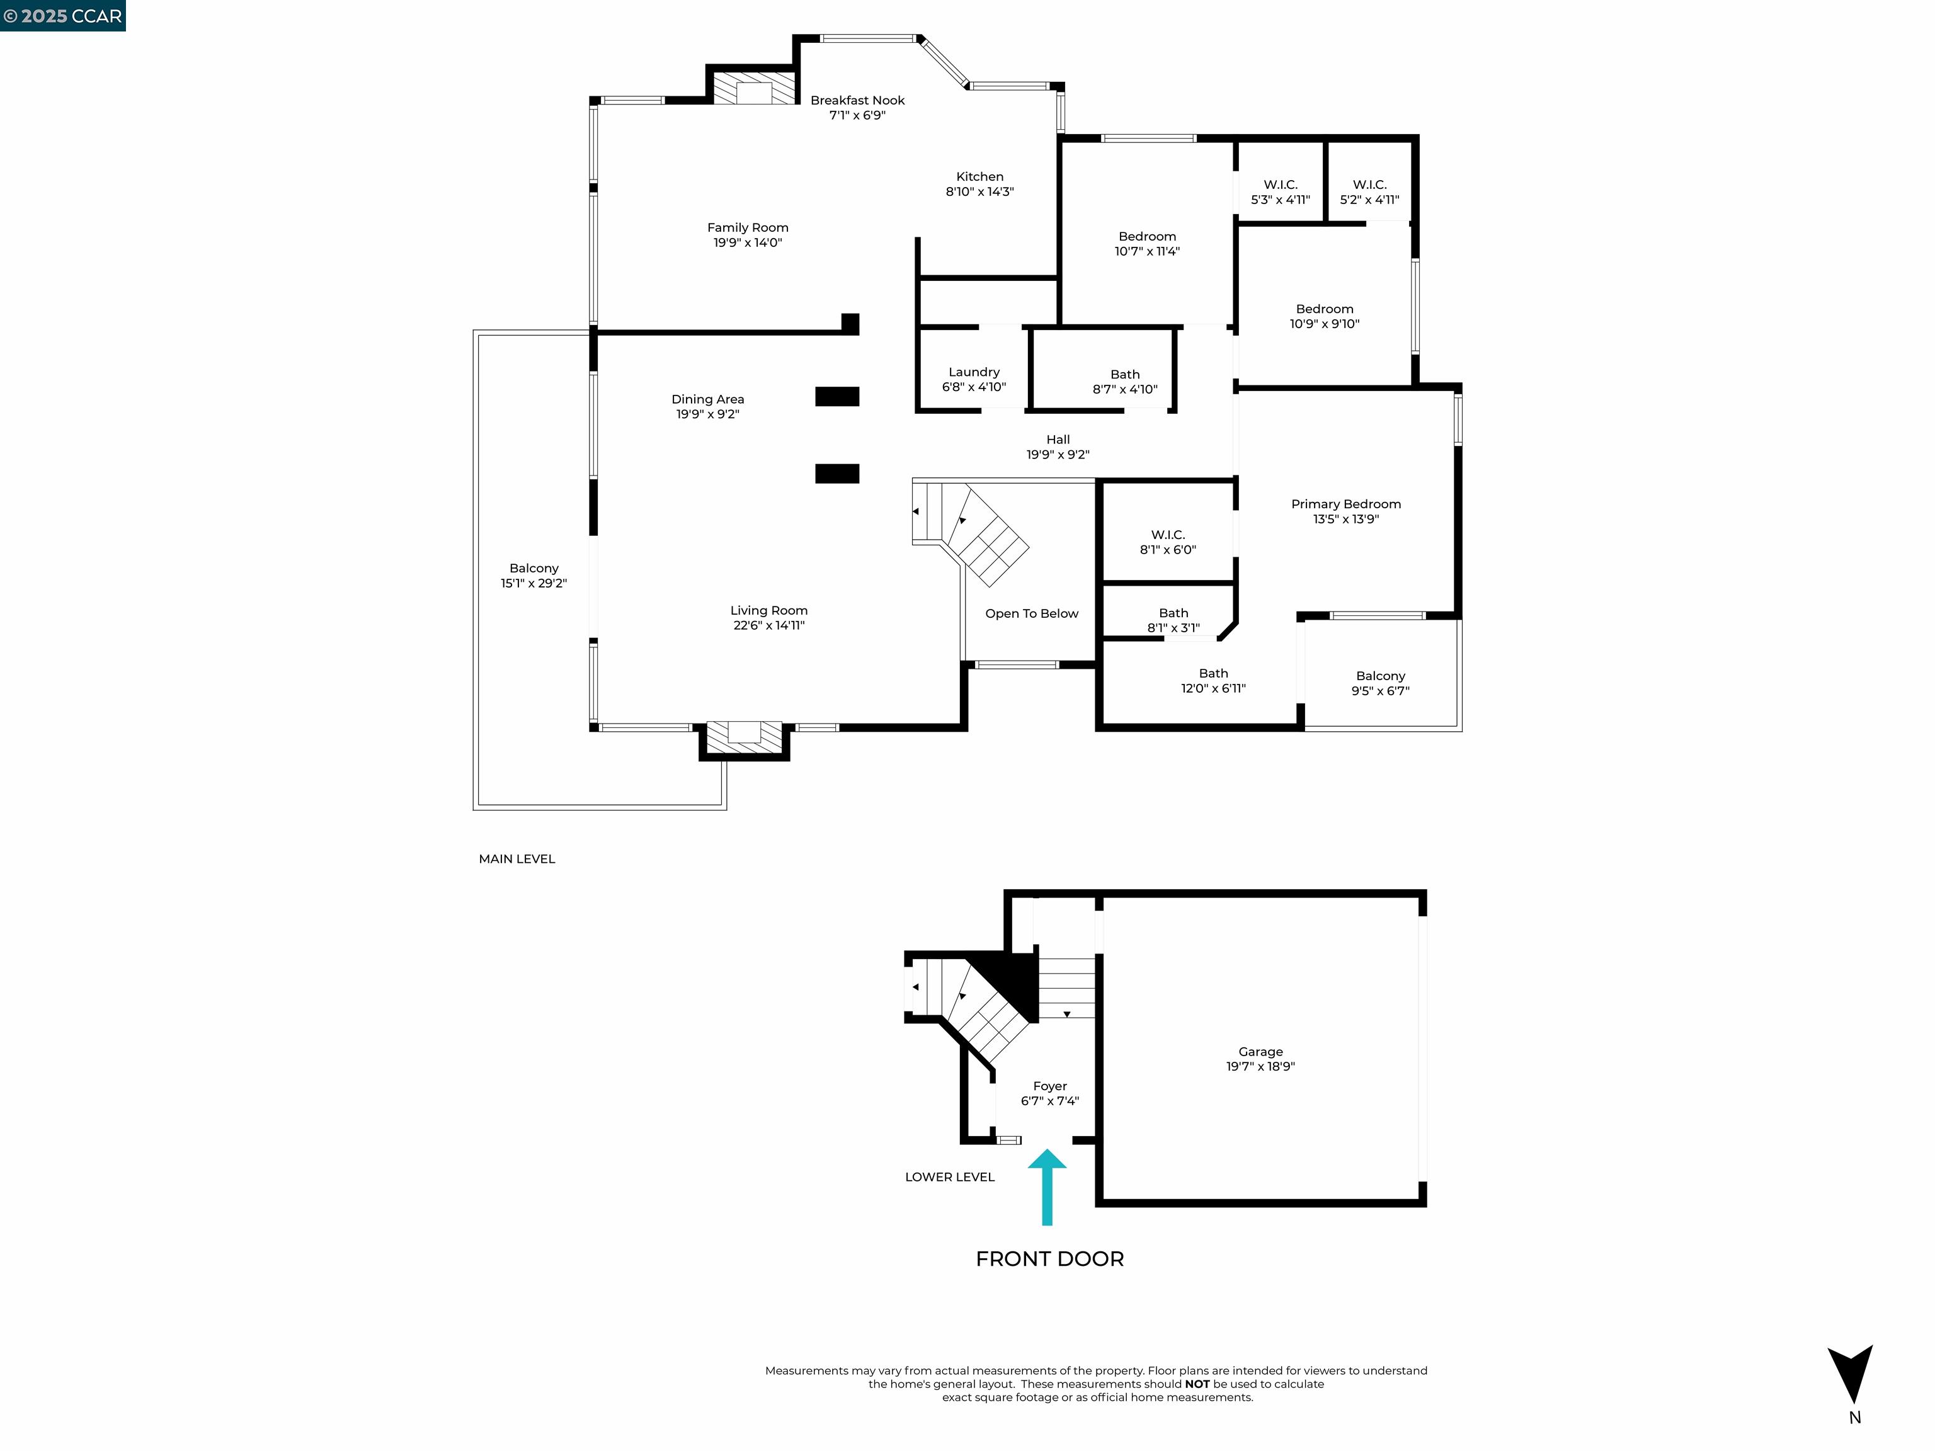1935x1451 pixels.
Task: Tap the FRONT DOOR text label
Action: (x=1049, y=1258)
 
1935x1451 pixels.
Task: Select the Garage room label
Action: (x=1260, y=1058)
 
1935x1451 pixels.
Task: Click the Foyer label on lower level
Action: (x=1050, y=1093)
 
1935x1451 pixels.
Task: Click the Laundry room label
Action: (x=974, y=378)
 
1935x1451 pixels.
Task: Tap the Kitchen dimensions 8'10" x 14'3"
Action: (x=979, y=191)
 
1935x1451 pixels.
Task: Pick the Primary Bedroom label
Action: (x=1345, y=511)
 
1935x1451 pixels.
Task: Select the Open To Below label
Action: (x=1031, y=613)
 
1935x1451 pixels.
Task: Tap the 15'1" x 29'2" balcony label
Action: (x=534, y=583)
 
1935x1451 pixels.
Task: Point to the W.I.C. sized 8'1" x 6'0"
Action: (x=1167, y=542)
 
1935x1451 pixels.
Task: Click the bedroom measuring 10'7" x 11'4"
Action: (x=1147, y=243)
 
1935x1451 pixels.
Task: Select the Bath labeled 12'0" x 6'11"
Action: (x=1213, y=680)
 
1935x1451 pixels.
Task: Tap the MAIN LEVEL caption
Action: (x=516, y=859)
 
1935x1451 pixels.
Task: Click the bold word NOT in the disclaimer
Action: (x=1197, y=1384)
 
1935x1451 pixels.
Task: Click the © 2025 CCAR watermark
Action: (x=63, y=16)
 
